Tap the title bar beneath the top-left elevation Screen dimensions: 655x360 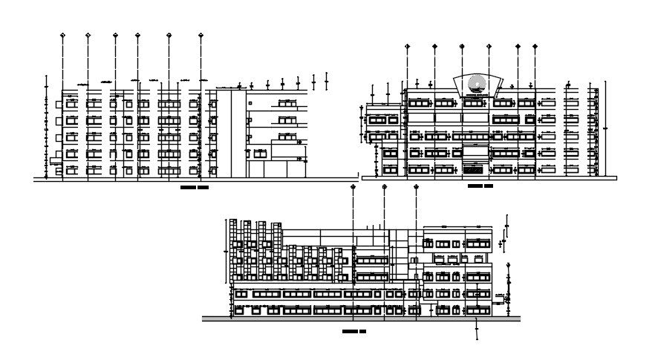pyautogui.click(x=195, y=188)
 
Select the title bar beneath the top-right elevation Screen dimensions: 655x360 pyautogui.click(x=480, y=186)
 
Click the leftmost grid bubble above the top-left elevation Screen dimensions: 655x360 pyautogui.click(x=62, y=35)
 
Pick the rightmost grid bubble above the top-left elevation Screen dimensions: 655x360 pyautogui.click(x=201, y=35)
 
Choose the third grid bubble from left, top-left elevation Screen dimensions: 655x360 pyautogui.click(x=115, y=35)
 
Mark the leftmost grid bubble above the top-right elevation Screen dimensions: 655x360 pyautogui.click(x=407, y=46)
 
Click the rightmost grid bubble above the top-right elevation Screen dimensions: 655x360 pyautogui.click(x=535, y=46)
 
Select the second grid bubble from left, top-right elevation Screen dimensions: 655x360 pyautogui.click(x=435, y=46)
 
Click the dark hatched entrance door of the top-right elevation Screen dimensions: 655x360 pyautogui.click(x=470, y=169)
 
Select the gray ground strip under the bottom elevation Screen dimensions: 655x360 pyautogui.click(x=361, y=319)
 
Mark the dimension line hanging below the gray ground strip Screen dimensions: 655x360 pyautogui.click(x=476, y=330)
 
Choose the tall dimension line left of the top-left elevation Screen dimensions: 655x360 pyautogui.click(x=47, y=126)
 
